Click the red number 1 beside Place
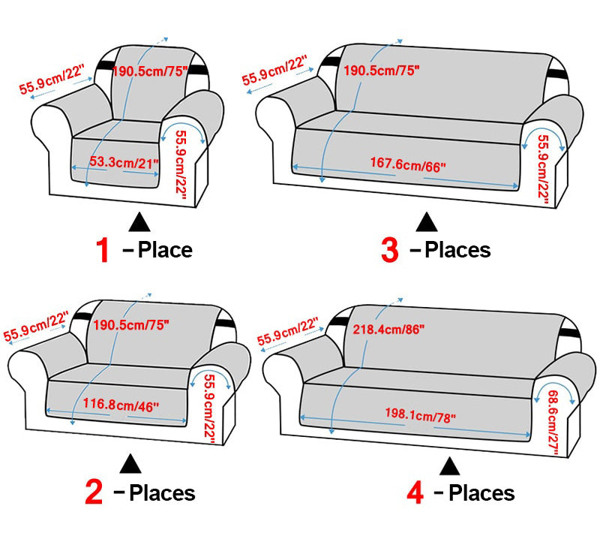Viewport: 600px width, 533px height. [x=103, y=250]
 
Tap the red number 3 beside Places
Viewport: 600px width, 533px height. [x=389, y=250]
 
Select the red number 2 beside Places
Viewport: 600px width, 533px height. [x=94, y=492]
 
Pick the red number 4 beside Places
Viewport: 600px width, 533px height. [x=415, y=492]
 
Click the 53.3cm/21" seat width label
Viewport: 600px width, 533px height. [x=124, y=162]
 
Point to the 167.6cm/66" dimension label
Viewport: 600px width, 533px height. [x=408, y=164]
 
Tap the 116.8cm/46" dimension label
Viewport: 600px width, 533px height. [x=121, y=405]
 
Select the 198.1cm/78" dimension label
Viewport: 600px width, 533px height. [x=420, y=415]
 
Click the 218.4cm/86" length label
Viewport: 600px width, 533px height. [x=388, y=330]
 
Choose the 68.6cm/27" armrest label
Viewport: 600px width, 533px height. [x=553, y=423]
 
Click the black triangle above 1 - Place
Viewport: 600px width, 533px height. [x=139, y=222]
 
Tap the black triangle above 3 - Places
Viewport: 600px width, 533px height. [x=426, y=222]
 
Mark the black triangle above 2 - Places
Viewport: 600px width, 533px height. [x=130, y=464]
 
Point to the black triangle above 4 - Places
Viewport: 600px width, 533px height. [x=449, y=466]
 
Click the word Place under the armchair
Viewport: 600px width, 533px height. [x=165, y=251]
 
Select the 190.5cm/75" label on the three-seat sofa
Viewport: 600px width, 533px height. [x=381, y=71]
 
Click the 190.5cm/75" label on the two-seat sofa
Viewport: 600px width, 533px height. [x=131, y=325]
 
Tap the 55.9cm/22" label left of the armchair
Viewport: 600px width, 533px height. [x=52, y=80]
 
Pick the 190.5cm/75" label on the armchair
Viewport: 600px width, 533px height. [x=150, y=71]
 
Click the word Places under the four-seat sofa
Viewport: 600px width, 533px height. [x=481, y=492]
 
